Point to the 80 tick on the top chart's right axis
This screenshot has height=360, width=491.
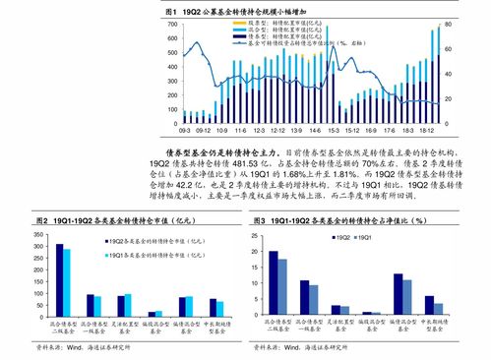(449, 23)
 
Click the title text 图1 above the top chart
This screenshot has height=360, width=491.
(172, 10)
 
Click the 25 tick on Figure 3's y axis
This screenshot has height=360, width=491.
(258, 236)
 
